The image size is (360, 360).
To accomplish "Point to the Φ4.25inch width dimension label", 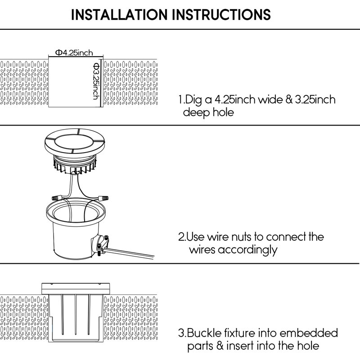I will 74,53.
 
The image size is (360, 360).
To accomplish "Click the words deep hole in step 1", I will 208,112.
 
